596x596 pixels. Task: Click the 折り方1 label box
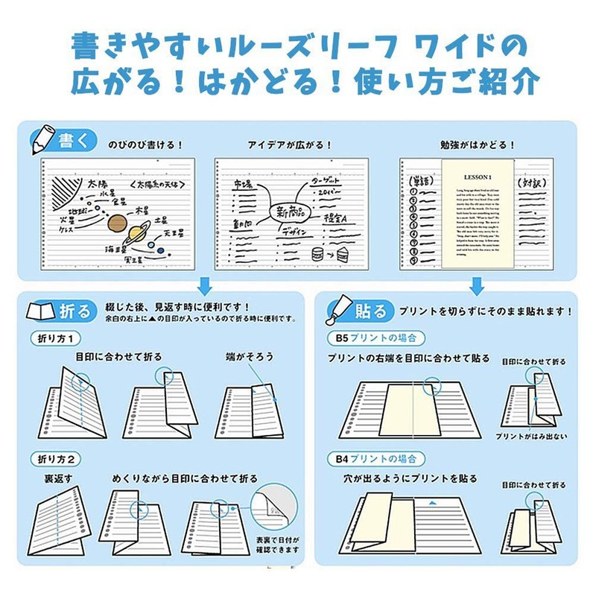55,338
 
